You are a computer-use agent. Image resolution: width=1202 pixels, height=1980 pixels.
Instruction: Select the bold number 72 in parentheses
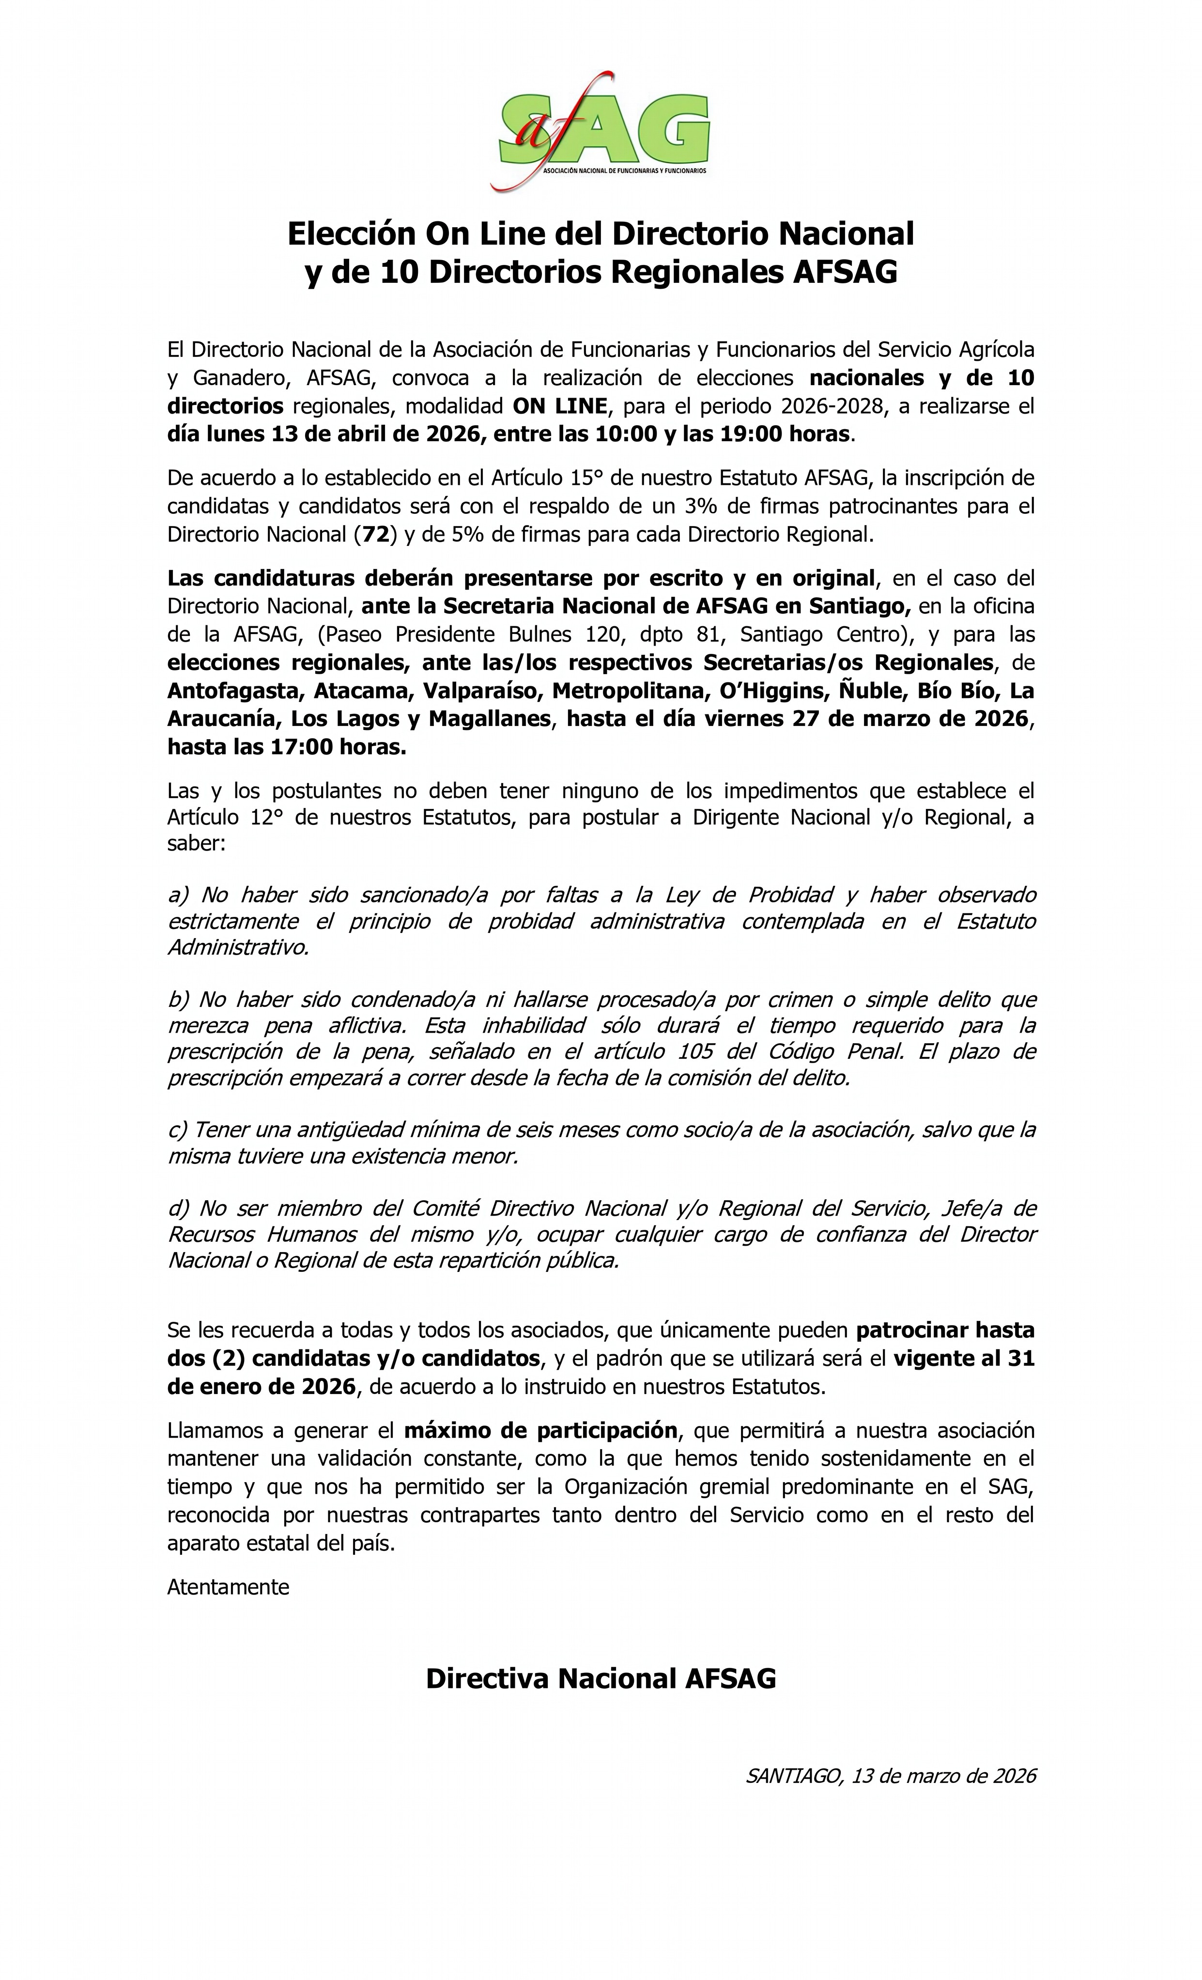pyautogui.click(x=376, y=534)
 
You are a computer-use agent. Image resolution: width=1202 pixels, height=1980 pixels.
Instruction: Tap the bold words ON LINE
pyautogui.click(x=560, y=406)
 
